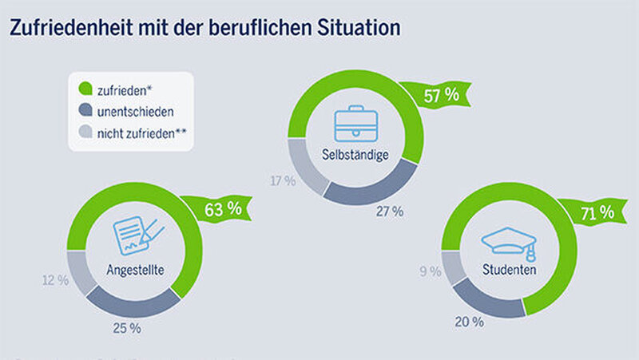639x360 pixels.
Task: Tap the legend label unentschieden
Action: click(135, 111)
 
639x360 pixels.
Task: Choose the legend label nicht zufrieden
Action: click(141, 133)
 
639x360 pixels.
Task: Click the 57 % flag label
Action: click(440, 95)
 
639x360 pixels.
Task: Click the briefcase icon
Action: click(356, 125)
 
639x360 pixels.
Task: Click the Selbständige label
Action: click(356, 155)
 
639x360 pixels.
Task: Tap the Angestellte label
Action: click(136, 270)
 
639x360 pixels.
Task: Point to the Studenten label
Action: click(509, 270)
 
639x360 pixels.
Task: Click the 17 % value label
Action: click(283, 181)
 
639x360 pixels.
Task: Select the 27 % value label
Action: click(391, 212)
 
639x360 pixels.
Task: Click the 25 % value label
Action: click(128, 327)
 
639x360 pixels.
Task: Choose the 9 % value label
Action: click(430, 271)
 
